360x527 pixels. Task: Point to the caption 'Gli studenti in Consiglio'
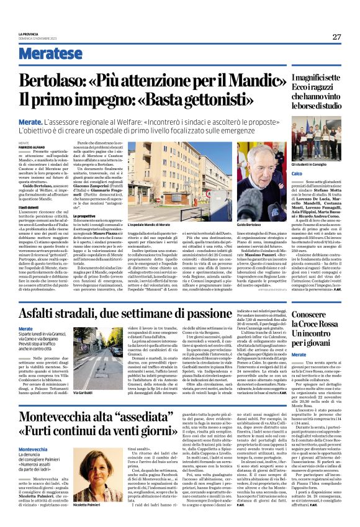[309, 163]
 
